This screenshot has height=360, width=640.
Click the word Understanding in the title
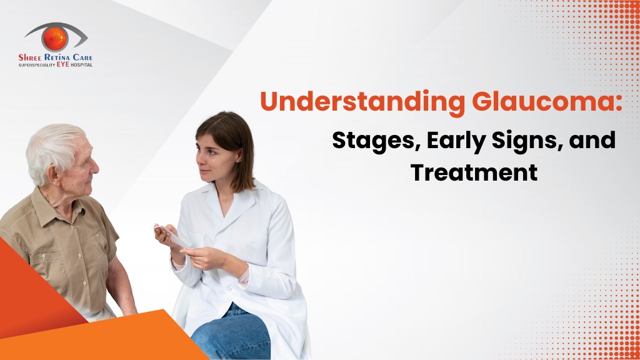[362, 102]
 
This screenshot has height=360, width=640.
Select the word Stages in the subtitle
[376, 141]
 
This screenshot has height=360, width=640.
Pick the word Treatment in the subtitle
[474, 172]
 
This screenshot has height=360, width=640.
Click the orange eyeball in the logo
[55, 39]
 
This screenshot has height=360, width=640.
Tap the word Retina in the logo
[57, 57]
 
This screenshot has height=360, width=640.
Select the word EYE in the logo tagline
[63, 64]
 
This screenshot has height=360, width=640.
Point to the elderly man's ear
[54, 174]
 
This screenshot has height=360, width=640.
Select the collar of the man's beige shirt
[57, 208]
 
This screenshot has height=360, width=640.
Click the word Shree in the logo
[31, 57]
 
